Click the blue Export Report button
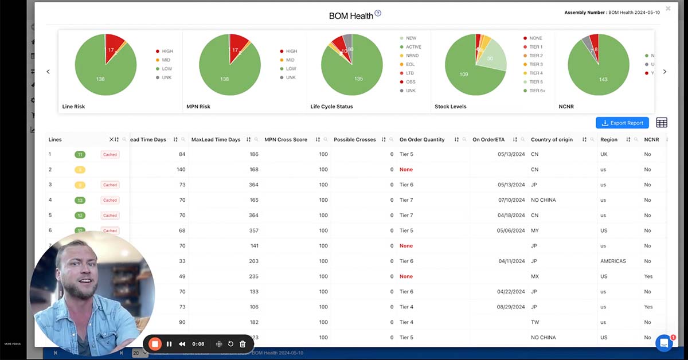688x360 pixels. [622, 123]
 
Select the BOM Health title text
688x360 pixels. [351, 16]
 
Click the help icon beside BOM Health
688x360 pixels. [378, 14]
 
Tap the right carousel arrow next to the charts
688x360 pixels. [664, 72]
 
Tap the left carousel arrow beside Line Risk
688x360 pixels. [48, 72]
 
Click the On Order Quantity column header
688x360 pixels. [422, 139]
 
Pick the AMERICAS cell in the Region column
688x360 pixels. [613, 261]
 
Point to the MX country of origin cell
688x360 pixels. [534, 276]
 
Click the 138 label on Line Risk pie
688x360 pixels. [100, 79]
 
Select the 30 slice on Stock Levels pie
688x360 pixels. [490, 58]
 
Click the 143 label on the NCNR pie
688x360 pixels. [603, 80]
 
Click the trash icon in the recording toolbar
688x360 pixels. [243, 344]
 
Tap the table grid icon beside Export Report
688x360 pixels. [662, 123]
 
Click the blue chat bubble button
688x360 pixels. [663, 343]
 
